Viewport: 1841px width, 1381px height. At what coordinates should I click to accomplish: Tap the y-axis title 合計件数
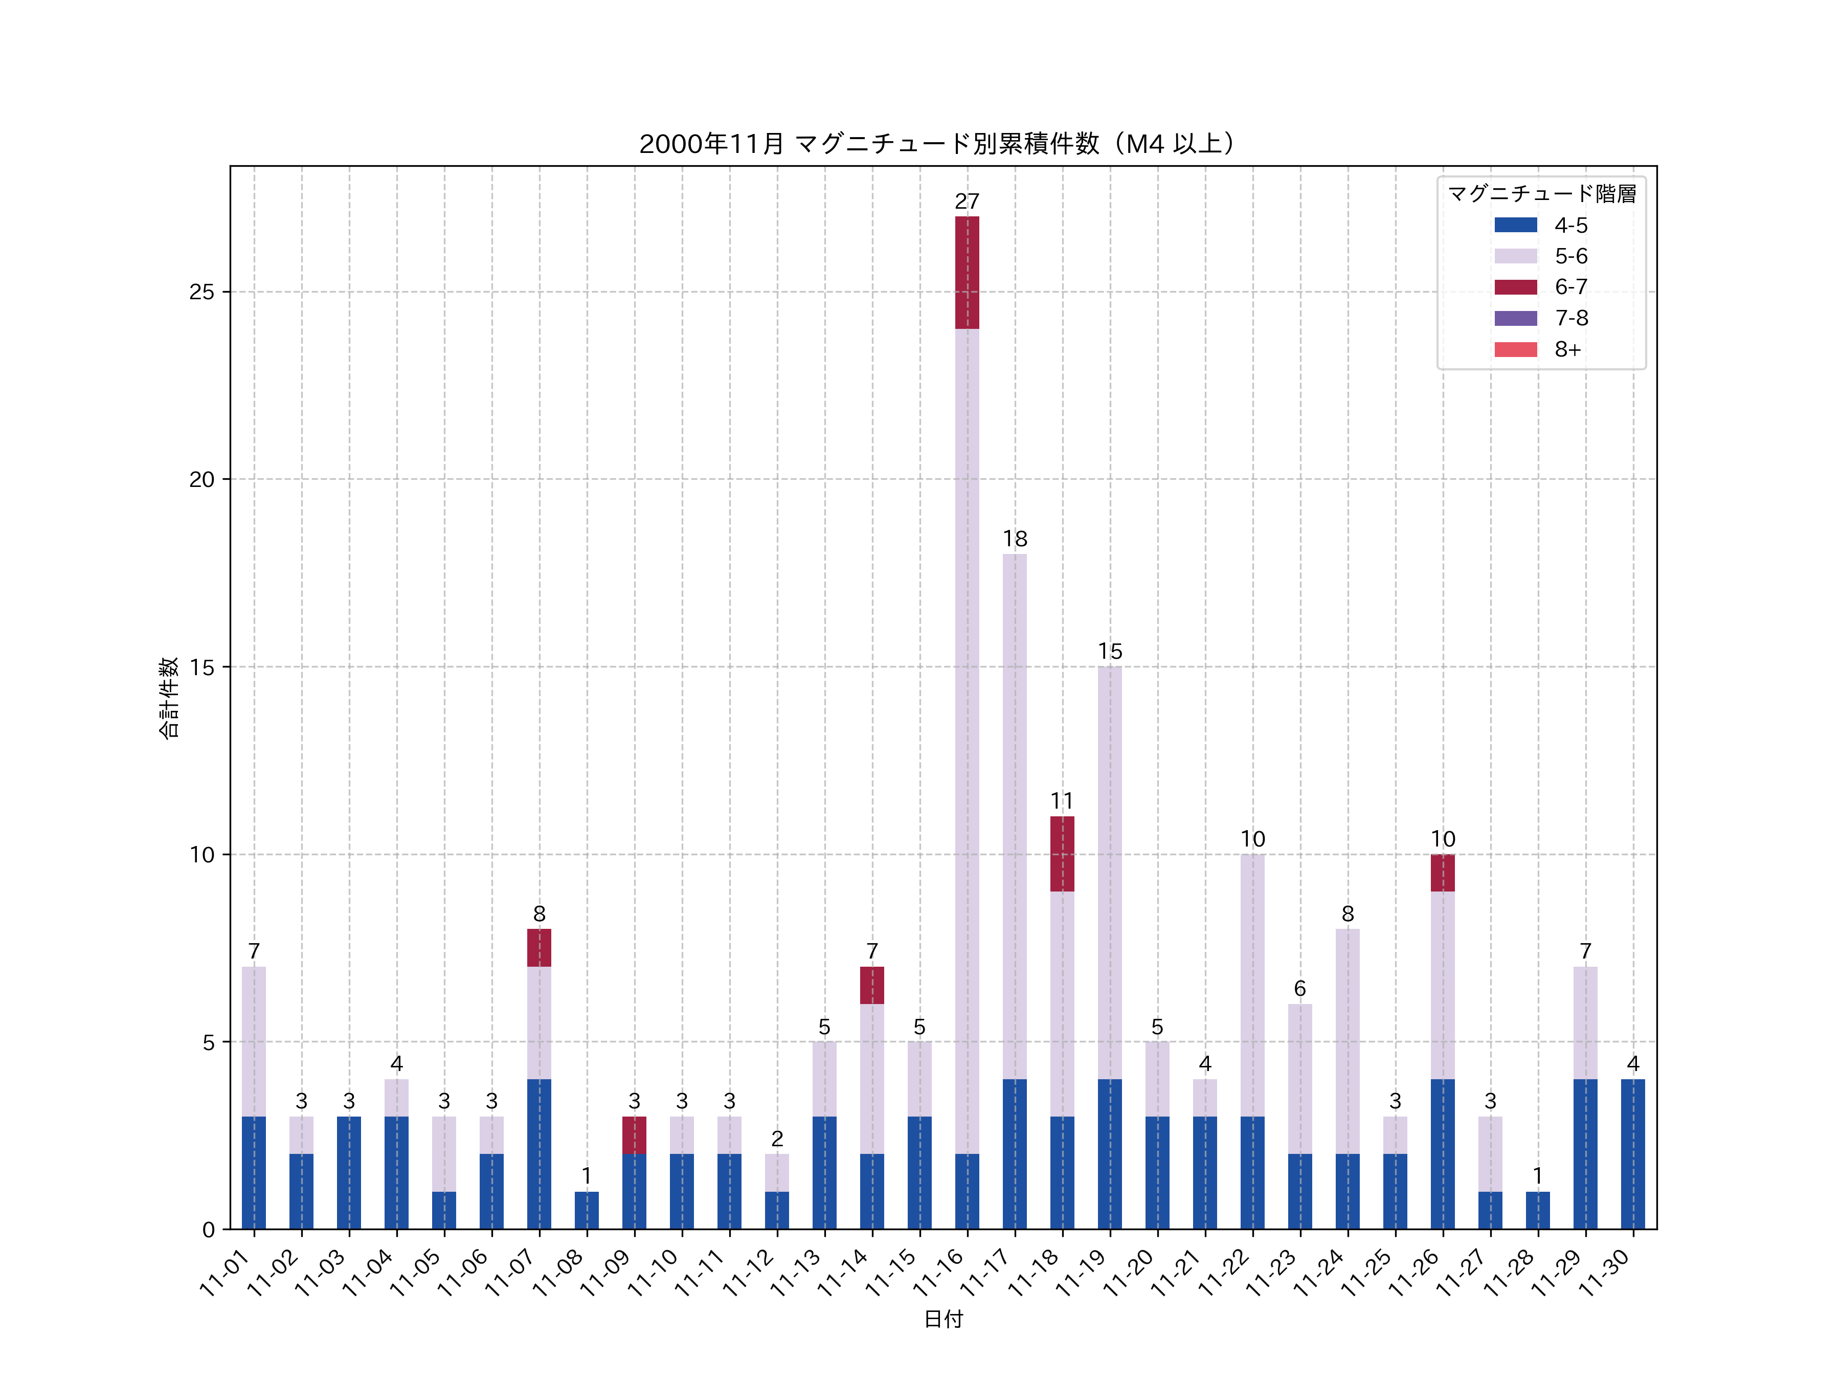click(169, 698)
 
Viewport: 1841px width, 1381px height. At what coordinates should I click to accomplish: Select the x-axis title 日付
click(943, 1319)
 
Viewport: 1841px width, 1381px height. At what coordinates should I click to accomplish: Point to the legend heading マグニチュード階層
click(1541, 194)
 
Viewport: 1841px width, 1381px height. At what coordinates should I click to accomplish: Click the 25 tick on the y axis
click(201, 292)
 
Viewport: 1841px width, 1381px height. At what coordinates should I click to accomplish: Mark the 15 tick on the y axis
click(201, 667)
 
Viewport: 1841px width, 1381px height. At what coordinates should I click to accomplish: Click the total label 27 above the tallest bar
click(967, 202)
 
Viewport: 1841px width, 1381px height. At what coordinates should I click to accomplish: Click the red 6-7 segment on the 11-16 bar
click(967, 272)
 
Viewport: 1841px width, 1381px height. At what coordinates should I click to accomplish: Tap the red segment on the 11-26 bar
click(1442, 873)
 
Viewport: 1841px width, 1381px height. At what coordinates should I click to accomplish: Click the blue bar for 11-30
click(1632, 1154)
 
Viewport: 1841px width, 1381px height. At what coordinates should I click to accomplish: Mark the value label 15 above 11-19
click(1109, 652)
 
